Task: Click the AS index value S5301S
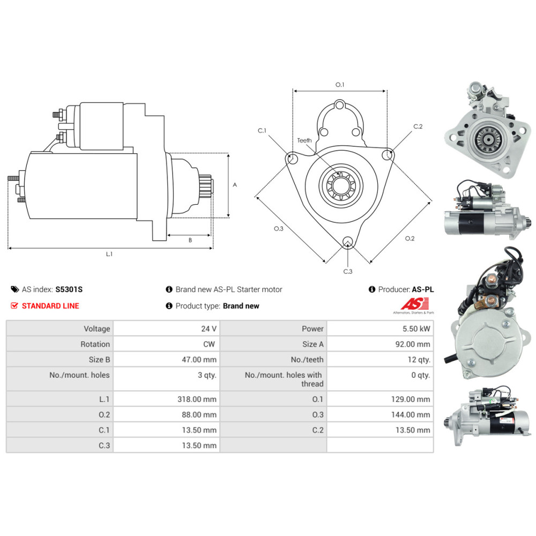click(69, 289)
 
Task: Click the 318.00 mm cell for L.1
click(198, 399)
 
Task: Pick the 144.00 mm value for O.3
click(412, 414)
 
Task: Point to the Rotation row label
click(95, 344)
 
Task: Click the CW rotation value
click(210, 344)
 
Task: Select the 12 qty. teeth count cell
click(419, 360)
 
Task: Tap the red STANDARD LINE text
click(50, 306)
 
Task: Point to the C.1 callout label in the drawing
click(262, 130)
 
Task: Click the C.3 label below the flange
click(348, 271)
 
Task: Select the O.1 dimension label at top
click(340, 85)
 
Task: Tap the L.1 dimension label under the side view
click(109, 254)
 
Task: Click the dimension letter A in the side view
click(235, 184)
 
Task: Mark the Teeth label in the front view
click(304, 140)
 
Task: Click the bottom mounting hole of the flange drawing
click(348, 242)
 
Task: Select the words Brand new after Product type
click(241, 306)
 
